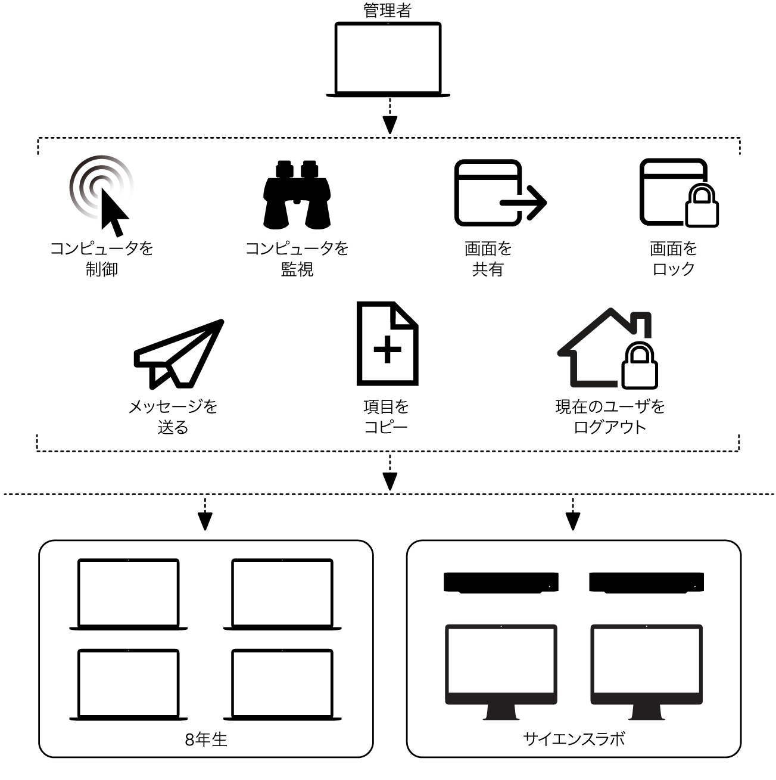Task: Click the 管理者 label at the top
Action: point(388,10)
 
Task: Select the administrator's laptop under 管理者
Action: point(388,60)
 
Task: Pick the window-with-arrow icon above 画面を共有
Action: point(499,193)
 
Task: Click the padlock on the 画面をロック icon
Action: point(702,206)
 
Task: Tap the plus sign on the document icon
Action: point(387,349)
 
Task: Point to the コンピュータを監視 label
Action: point(297,259)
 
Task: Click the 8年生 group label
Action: point(206,739)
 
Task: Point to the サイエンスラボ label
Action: point(574,739)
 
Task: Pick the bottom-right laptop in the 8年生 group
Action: point(282,685)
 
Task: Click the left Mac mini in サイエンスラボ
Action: point(501,582)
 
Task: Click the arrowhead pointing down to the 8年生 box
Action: point(205,522)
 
